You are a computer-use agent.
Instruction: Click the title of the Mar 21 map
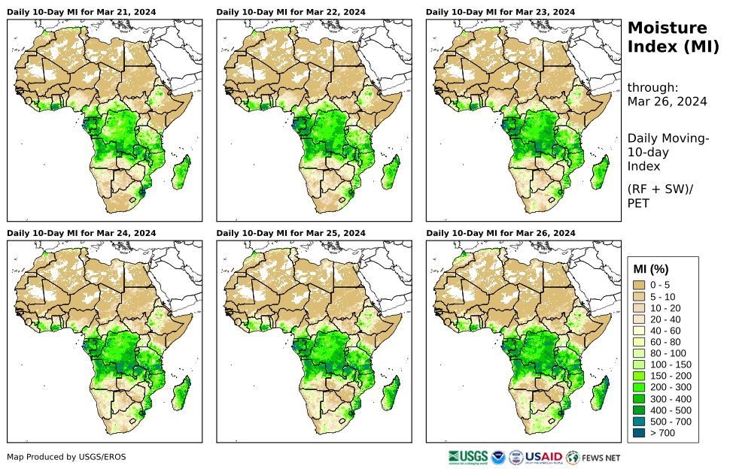click(81, 12)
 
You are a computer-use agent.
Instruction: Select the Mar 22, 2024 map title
click(290, 12)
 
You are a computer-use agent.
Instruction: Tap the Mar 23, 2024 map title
click(500, 12)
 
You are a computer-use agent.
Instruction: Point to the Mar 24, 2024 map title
click(81, 233)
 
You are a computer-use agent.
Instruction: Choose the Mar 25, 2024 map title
click(290, 233)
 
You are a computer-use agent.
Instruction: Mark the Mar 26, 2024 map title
click(500, 233)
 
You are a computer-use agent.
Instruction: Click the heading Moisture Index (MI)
click(668, 38)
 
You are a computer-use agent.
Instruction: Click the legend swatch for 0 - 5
click(640, 285)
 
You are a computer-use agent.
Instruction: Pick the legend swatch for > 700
click(640, 432)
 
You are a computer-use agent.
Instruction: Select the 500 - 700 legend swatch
click(640, 421)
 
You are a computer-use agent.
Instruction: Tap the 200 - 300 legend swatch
click(640, 387)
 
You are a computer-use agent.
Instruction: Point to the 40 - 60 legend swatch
click(640, 330)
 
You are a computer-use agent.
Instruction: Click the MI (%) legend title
click(651, 269)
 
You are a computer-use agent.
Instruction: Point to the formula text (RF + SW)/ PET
click(660, 195)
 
